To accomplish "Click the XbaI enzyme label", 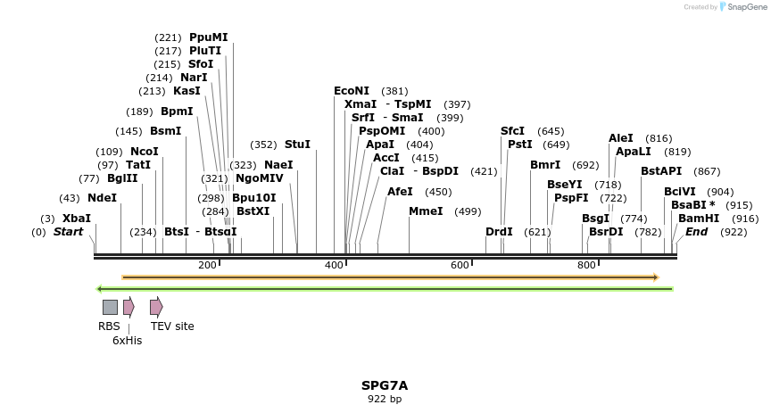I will tap(76, 219).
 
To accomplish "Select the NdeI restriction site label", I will tap(102, 198).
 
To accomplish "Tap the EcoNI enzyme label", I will tap(351, 91).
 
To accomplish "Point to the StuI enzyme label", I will tap(297, 145).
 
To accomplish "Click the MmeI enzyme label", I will tap(425, 211).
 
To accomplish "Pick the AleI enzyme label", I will tap(621, 138).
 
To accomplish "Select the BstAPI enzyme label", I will tap(660, 171).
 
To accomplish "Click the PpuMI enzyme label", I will tap(208, 37).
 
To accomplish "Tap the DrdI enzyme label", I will tap(499, 232).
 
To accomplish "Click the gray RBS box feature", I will tap(110, 307).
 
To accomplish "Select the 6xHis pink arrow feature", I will tap(128, 307).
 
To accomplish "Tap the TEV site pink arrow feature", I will tap(156, 307).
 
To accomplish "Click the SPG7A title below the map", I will tap(385, 385).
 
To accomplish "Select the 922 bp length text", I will tap(385, 399).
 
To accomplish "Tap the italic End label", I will tap(696, 232).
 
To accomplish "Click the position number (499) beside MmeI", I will tap(468, 211).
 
